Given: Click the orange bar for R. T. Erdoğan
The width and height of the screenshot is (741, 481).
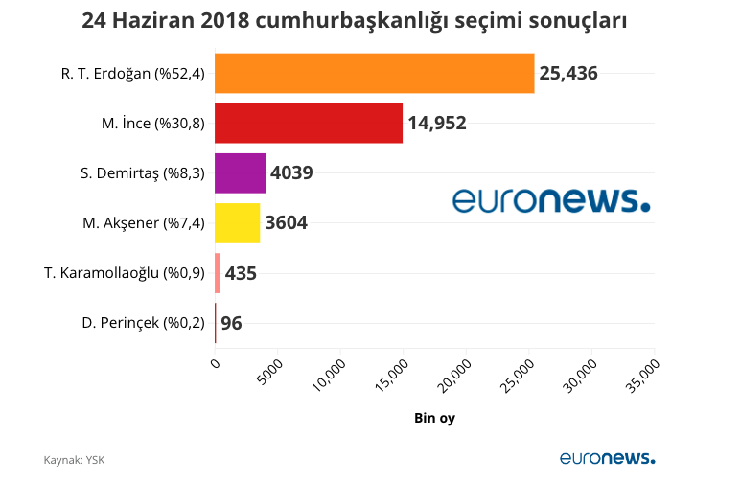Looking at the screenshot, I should pos(374,74).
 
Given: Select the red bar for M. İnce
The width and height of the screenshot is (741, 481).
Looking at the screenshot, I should pos(309,124).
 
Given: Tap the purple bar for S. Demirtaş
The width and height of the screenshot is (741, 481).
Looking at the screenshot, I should pos(240,173).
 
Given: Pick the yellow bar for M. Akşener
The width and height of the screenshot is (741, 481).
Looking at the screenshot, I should pos(237,223).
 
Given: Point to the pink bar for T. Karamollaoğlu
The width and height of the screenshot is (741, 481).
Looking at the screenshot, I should pos(218,273).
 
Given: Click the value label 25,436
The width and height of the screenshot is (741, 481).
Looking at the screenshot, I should pos(568,74).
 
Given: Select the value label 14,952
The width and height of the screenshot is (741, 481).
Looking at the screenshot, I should pos(437,124).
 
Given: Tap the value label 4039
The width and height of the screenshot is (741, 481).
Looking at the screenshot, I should pos(291,173).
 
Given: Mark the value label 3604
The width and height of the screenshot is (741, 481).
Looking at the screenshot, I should pos(286,223).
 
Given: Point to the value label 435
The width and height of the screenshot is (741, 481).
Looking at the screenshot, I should pos(241,273).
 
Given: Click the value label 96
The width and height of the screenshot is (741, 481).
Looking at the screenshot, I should pos(231,323).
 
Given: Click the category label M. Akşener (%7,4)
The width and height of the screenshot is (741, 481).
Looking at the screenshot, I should pos(144,223).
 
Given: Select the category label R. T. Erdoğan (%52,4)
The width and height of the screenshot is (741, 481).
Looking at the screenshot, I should pos(133,74).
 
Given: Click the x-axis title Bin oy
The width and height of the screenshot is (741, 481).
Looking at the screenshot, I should pos(434,419).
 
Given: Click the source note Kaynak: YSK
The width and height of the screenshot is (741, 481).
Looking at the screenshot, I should pos(74,460).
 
